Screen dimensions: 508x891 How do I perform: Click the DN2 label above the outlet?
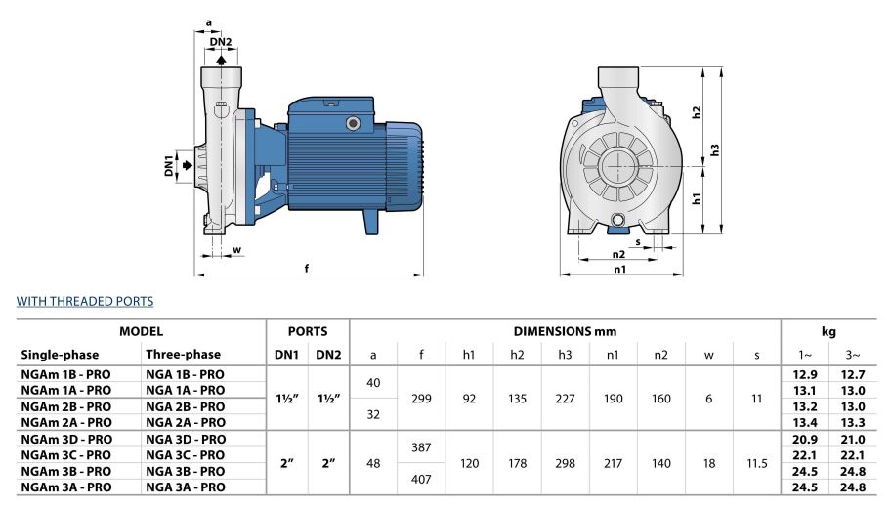pyautogui.click(x=221, y=42)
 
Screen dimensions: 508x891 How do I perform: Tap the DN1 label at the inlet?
pyautogui.click(x=168, y=165)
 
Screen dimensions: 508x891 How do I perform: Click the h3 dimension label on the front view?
pyautogui.click(x=715, y=150)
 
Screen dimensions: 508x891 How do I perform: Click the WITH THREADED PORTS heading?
pyautogui.click(x=85, y=302)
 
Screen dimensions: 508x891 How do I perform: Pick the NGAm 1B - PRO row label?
pyautogui.click(x=66, y=374)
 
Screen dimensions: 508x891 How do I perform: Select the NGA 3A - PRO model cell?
pyautogui.click(x=186, y=487)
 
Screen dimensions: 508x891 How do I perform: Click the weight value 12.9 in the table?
pyautogui.click(x=805, y=374)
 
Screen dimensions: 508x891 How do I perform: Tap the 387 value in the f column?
pyautogui.click(x=421, y=446)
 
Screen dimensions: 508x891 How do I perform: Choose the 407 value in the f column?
pyautogui.click(x=421, y=479)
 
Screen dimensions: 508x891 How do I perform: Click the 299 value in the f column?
pyautogui.click(x=421, y=399)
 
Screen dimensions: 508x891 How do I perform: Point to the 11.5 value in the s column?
pyautogui.click(x=757, y=463)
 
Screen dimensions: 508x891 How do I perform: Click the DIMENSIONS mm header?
pyautogui.click(x=565, y=332)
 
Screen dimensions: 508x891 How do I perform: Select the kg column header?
pyautogui.click(x=828, y=332)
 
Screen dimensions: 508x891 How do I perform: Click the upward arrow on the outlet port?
pyautogui.click(x=221, y=59)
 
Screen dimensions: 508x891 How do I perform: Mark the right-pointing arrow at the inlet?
pyautogui.click(x=188, y=165)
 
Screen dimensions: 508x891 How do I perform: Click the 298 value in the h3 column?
pyautogui.click(x=565, y=463)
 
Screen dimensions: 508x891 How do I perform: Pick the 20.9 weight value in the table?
pyautogui.click(x=805, y=439)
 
